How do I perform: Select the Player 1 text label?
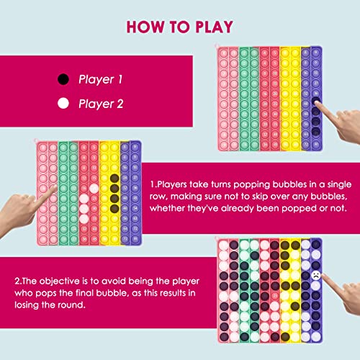[x=102, y=79]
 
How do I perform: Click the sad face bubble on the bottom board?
[x=315, y=275]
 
